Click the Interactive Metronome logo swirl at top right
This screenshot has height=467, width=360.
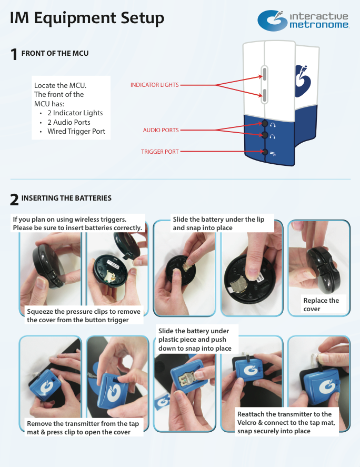[x=272, y=21]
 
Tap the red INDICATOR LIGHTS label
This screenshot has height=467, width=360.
[x=155, y=85]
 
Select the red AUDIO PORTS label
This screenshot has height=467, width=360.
[x=161, y=130]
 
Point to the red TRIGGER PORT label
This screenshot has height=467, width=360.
[x=160, y=152]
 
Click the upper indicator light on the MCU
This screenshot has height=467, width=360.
[x=264, y=73]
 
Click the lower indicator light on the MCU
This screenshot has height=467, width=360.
[x=264, y=94]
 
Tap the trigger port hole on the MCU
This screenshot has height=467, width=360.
[x=265, y=152]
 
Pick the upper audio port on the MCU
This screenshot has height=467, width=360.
[x=265, y=123]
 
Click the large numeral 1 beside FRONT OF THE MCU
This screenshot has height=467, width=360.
[x=14, y=55]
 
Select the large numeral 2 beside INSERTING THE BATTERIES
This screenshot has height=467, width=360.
[x=14, y=200]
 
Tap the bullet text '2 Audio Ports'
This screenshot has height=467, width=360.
[x=69, y=122]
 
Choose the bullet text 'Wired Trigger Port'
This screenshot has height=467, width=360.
[x=76, y=131]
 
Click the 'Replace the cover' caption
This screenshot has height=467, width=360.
[x=321, y=304]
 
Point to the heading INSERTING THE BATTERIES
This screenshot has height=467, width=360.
[x=66, y=198]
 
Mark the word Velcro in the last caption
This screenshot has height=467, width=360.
[x=247, y=423]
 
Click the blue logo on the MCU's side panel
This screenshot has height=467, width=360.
[x=303, y=81]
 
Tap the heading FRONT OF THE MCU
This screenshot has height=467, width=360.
[x=55, y=53]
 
